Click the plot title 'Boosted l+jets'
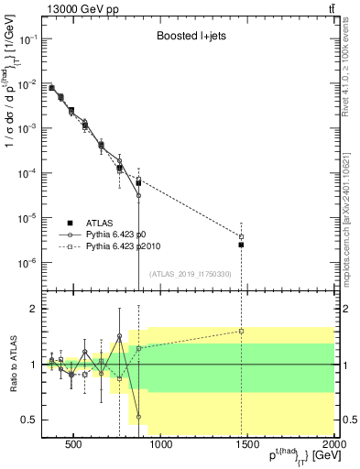[190, 36]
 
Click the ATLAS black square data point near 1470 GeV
[242, 245]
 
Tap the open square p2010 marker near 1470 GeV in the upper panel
[242, 237]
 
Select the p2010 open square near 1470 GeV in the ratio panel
[242, 331]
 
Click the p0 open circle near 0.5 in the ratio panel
[139, 417]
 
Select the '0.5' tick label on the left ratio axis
[27, 420]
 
